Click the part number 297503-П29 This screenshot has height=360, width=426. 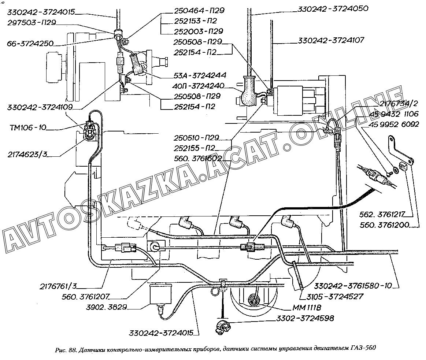[x=32, y=23]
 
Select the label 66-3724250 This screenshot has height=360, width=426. [x=30, y=44]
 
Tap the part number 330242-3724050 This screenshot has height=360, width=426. [x=333, y=9]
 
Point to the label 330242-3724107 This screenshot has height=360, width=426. [x=331, y=41]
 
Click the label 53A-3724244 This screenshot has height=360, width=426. [x=200, y=75]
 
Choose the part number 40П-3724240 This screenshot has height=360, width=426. [x=198, y=86]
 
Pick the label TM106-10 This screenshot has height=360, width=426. [x=28, y=127]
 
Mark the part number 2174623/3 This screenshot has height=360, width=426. [x=27, y=155]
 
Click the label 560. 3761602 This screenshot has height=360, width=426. [x=198, y=159]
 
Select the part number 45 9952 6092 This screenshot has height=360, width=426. [x=394, y=125]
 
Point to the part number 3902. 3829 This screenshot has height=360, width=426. [x=107, y=307]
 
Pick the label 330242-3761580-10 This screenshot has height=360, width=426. [x=353, y=286]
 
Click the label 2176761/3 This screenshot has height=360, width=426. [x=58, y=286]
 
